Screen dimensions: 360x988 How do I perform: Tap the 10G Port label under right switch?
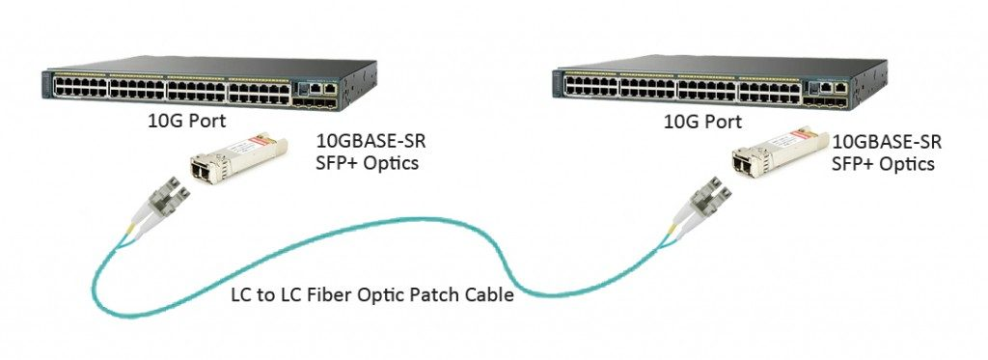(702, 123)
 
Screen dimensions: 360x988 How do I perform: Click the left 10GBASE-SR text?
(370, 142)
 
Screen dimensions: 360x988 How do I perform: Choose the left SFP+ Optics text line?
(368, 163)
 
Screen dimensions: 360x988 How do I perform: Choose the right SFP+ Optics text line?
(883, 164)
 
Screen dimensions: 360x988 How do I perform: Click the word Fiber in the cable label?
(322, 296)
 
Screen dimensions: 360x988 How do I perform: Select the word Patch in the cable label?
(425, 296)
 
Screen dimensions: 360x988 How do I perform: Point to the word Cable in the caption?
(488, 296)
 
